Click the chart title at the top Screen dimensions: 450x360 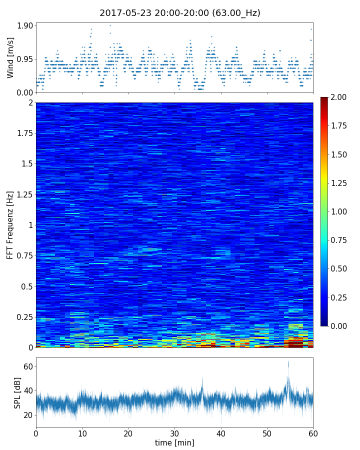[180, 13]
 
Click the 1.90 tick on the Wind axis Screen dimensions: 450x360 [24, 25]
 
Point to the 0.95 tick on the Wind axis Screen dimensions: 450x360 [24, 59]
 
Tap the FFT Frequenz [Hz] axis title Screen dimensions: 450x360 [10, 225]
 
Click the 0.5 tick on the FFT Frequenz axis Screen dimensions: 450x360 [26, 286]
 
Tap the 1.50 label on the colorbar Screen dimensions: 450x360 [340, 154]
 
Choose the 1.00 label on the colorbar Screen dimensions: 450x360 [340, 211]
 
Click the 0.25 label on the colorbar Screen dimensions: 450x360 [340, 297]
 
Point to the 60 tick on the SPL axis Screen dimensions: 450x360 [28, 366]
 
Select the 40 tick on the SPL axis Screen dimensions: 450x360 [28, 391]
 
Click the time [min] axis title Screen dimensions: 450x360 [174, 442]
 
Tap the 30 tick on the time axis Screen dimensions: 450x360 [174, 432]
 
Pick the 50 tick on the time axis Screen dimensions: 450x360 [267, 432]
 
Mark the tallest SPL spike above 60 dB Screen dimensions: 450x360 [288, 362]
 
